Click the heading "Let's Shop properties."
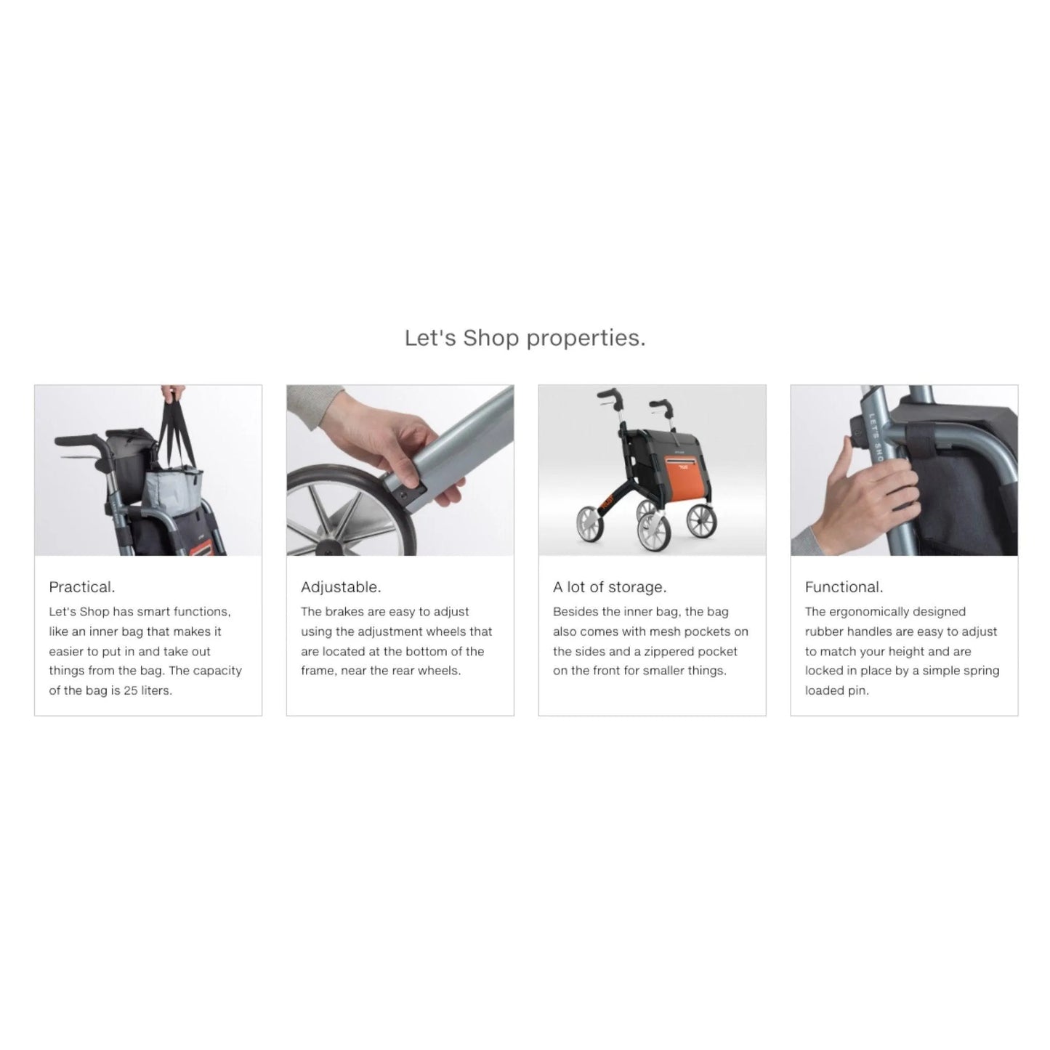(525, 339)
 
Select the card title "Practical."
(81, 587)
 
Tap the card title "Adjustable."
(341, 587)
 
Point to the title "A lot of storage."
(610, 587)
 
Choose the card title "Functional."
(844, 587)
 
